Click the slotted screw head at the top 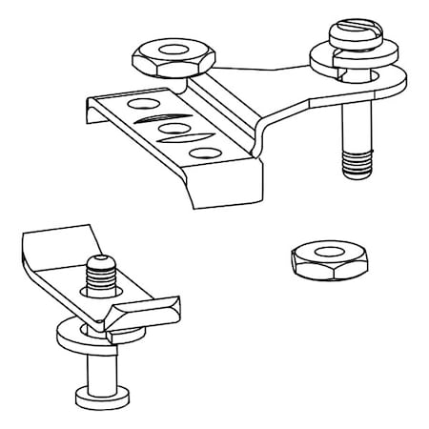point(353,36)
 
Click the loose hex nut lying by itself point(317,260)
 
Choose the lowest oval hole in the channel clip point(202,152)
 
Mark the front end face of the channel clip point(225,186)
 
